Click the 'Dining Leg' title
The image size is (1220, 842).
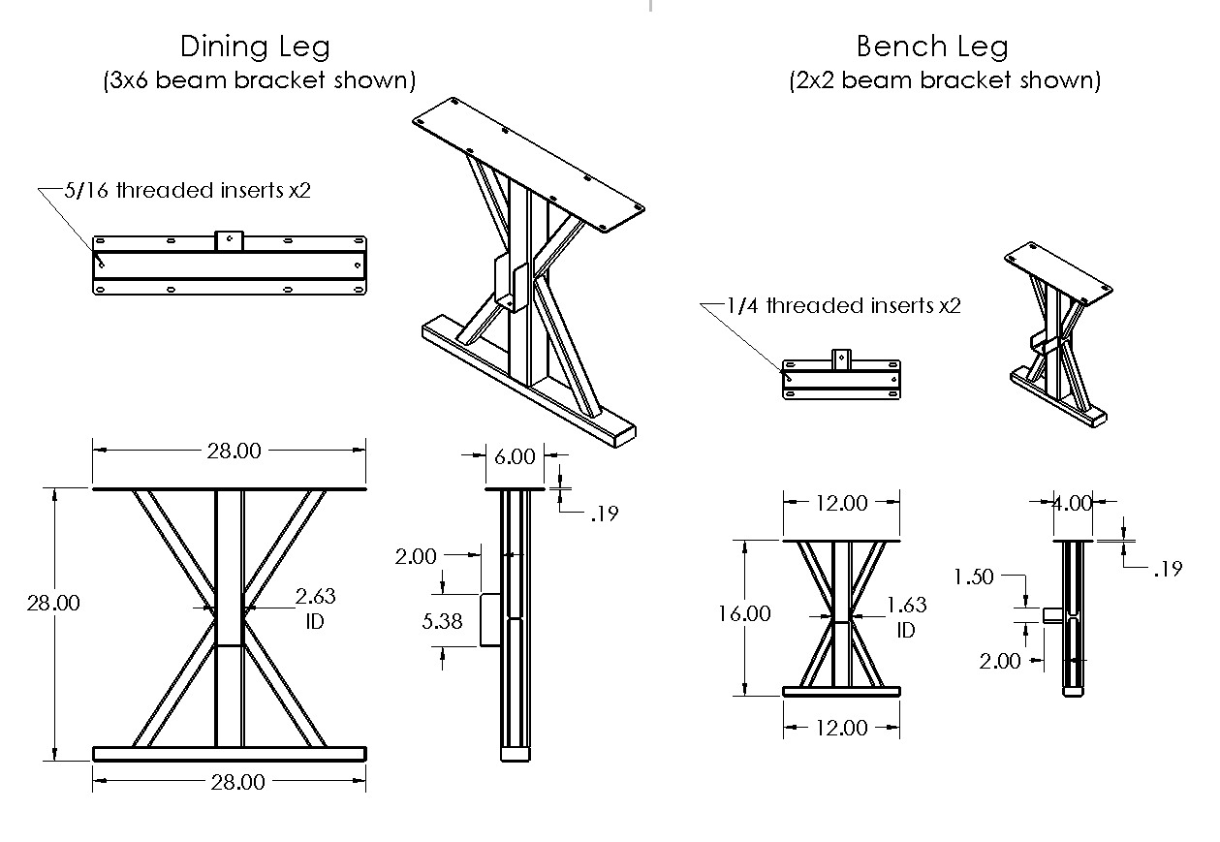[x=255, y=46]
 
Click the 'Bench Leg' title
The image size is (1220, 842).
[x=931, y=46]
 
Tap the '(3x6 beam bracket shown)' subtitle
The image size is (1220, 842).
[x=260, y=79]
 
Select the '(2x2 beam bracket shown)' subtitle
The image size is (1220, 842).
[x=945, y=79]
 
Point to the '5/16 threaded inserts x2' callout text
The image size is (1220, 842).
[x=187, y=190]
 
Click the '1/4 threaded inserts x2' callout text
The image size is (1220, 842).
[x=843, y=306]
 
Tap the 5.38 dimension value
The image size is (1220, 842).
[x=443, y=621]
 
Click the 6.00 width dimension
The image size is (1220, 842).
[x=514, y=456]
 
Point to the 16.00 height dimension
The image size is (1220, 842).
[x=745, y=614]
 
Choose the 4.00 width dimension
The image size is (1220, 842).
[x=1072, y=503]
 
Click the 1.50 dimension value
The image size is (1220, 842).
[x=973, y=577]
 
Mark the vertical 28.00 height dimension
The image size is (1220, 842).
[x=53, y=602]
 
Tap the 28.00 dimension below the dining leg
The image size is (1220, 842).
[x=237, y=781]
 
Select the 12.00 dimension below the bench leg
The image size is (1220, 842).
[x=841, y=728]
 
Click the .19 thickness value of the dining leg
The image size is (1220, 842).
[x=604, y=514]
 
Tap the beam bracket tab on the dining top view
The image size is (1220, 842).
[x=229, y=240]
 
